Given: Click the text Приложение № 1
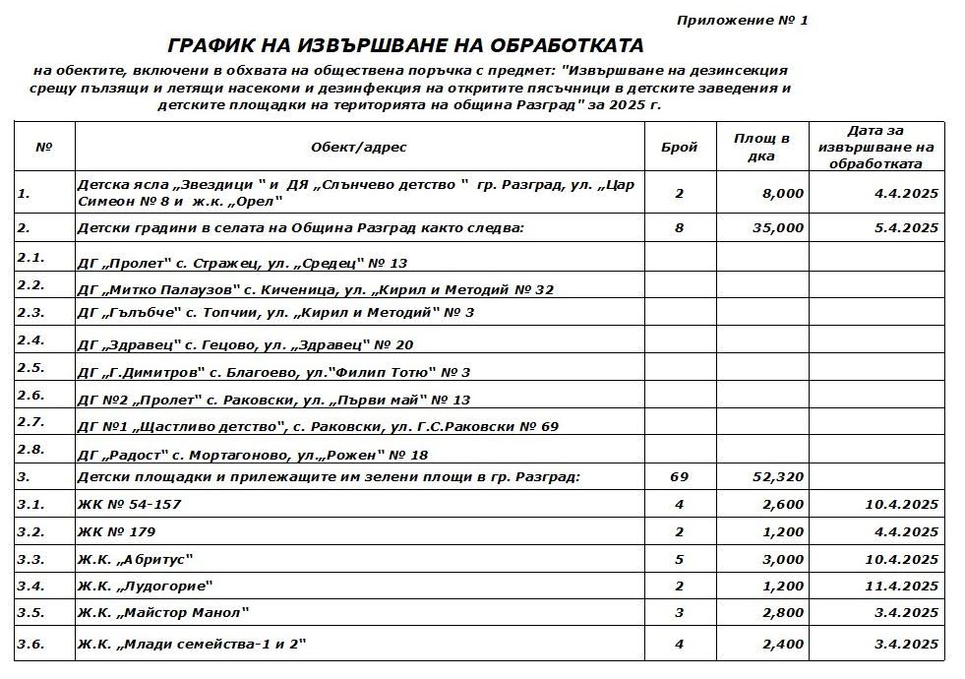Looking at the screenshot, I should click(742, 20).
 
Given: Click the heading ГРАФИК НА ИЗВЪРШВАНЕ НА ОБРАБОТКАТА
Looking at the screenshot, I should click(405, 46).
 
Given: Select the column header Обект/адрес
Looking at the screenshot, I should click(358, 148).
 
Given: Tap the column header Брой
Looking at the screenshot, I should click(679, 148).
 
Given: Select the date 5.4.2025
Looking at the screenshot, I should click(906, 228).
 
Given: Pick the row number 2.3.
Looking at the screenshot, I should click(31, 312).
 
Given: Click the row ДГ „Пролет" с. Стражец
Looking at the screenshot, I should click(242, 264).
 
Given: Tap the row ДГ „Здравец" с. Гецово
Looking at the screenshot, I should click(245, 345).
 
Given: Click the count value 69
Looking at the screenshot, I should click(679, 477).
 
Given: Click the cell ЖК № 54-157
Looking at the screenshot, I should click(129, 505).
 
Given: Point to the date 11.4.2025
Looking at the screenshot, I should click(902, 586).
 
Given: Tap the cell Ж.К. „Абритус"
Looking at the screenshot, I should click(135, 559).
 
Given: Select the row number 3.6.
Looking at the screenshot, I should click(31, 644).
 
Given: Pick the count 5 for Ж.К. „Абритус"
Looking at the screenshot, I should click(679, 559).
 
